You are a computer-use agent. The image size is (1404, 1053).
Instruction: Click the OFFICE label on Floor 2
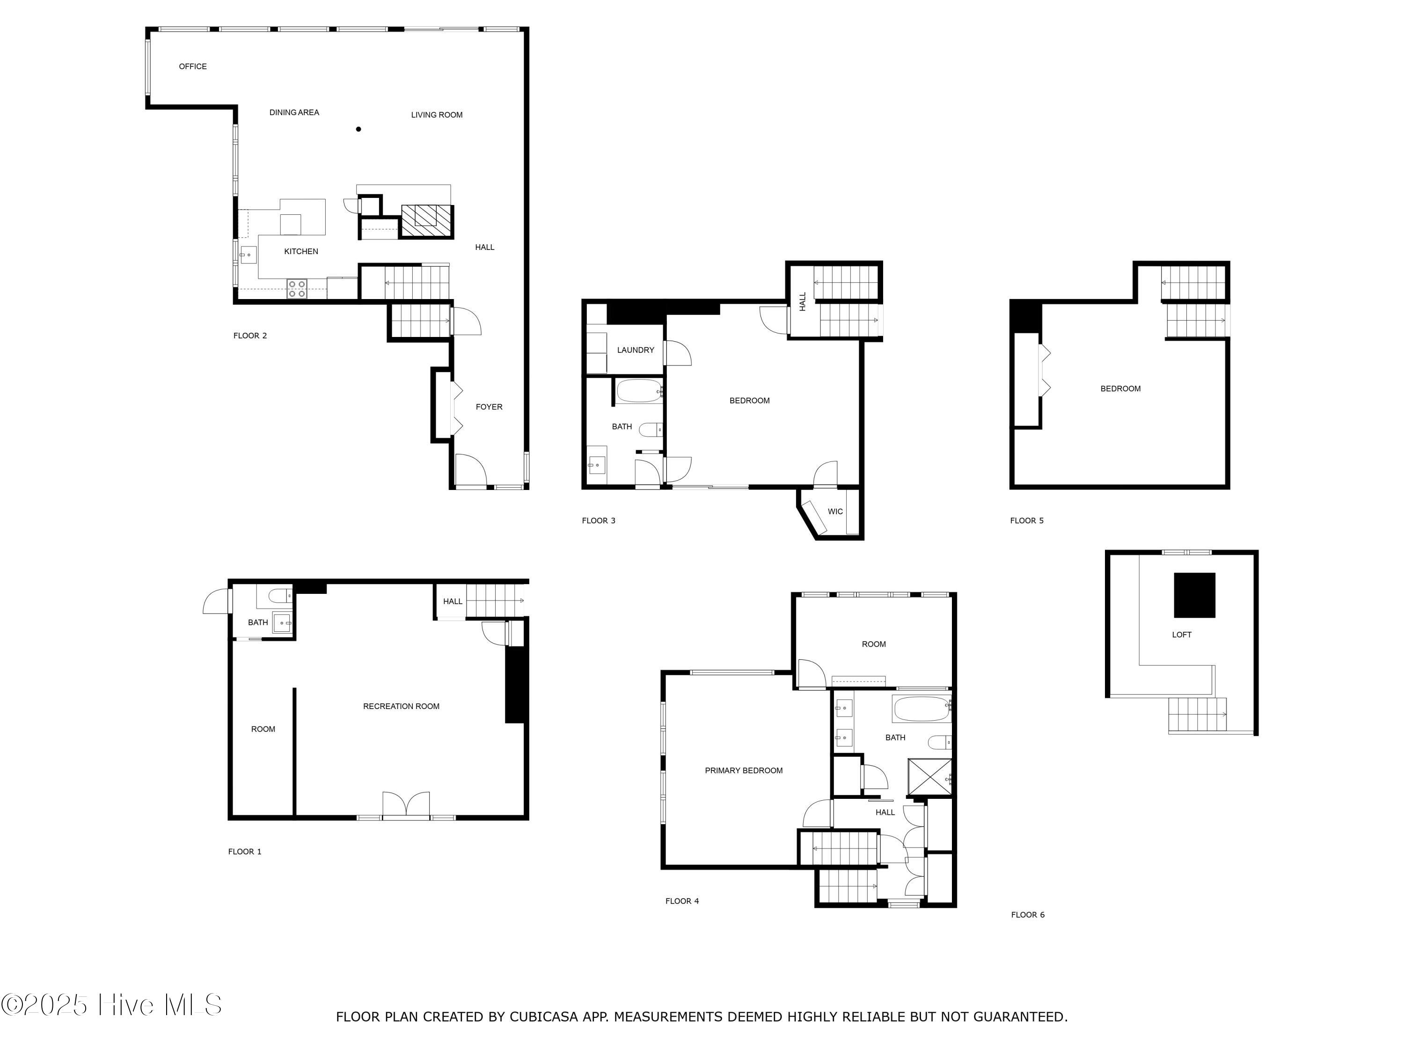tap(192, 66)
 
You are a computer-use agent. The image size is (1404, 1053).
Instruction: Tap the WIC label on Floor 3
tap(835, 512)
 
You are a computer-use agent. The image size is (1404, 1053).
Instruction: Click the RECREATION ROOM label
tap(401, 706)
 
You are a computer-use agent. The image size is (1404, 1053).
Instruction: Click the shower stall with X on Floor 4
tap(929, 777)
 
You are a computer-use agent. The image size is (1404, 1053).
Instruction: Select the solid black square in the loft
tap(1194, 595)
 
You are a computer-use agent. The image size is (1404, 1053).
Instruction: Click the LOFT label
tap(1181, 635)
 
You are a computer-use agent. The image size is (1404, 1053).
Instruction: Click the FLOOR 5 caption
tap(1026, 520)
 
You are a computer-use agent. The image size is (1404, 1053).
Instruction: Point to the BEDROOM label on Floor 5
tap(1120, 388)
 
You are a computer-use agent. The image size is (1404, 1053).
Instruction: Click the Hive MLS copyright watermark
tap(112, 1005)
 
